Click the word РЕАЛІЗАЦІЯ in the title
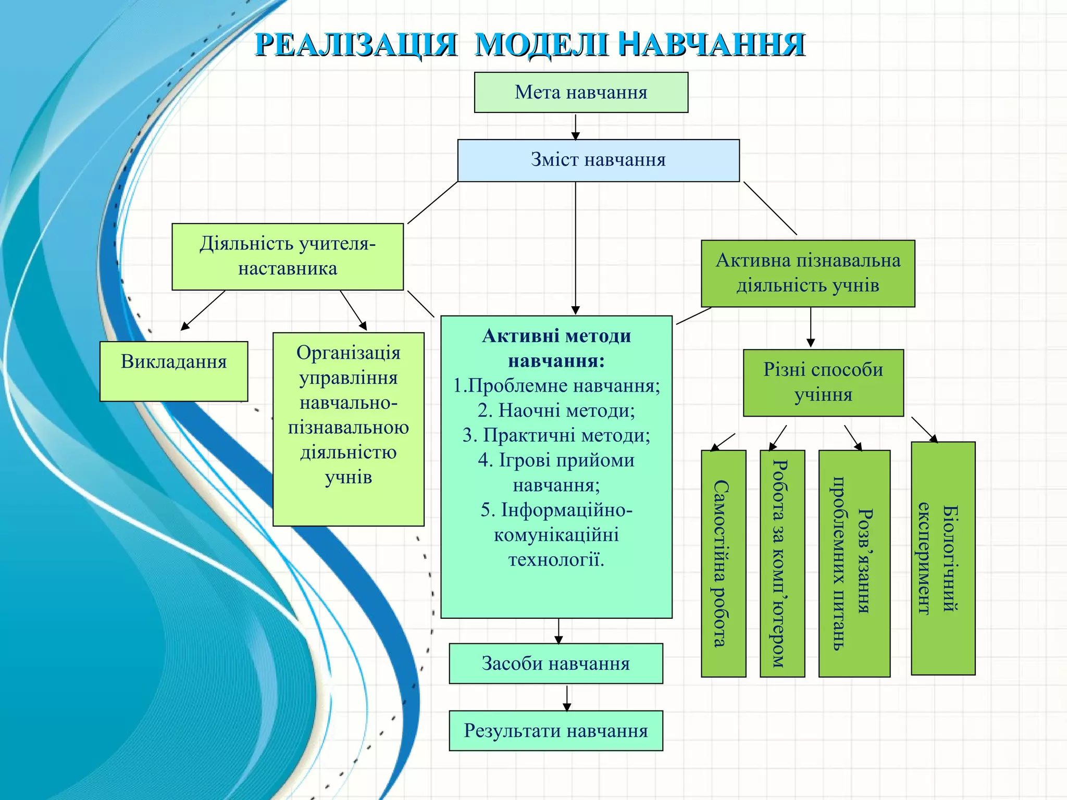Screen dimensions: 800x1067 tap(356, 45)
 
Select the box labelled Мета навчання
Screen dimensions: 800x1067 tap(581, 93)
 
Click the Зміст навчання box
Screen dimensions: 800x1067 tap(598, 160)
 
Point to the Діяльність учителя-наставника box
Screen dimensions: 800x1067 tap(288, 257)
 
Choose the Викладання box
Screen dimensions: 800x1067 tap(173, 371)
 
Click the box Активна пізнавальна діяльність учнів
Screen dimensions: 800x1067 tap(808, 273)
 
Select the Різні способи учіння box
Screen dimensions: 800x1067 tap(823, 383)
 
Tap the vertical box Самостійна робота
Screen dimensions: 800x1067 tap(723, 564)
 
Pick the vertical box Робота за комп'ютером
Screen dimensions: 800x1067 tap(782, 564)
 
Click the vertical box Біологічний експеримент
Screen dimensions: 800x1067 tap(943, 558)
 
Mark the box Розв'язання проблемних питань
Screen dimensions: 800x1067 tap(854, 564)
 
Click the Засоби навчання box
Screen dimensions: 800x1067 tap(556, 664)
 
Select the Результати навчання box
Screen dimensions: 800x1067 tap(556, 731)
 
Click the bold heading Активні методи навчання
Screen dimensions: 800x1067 tap(556, 348)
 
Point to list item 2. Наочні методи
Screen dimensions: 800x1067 tap(556, 410)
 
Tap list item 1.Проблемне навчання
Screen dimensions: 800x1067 tap(556, 385)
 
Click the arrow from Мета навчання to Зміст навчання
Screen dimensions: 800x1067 tap(575, 127)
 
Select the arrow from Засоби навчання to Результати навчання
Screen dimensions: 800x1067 tap(567, 697)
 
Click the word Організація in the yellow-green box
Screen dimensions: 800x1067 tap(348, 353)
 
